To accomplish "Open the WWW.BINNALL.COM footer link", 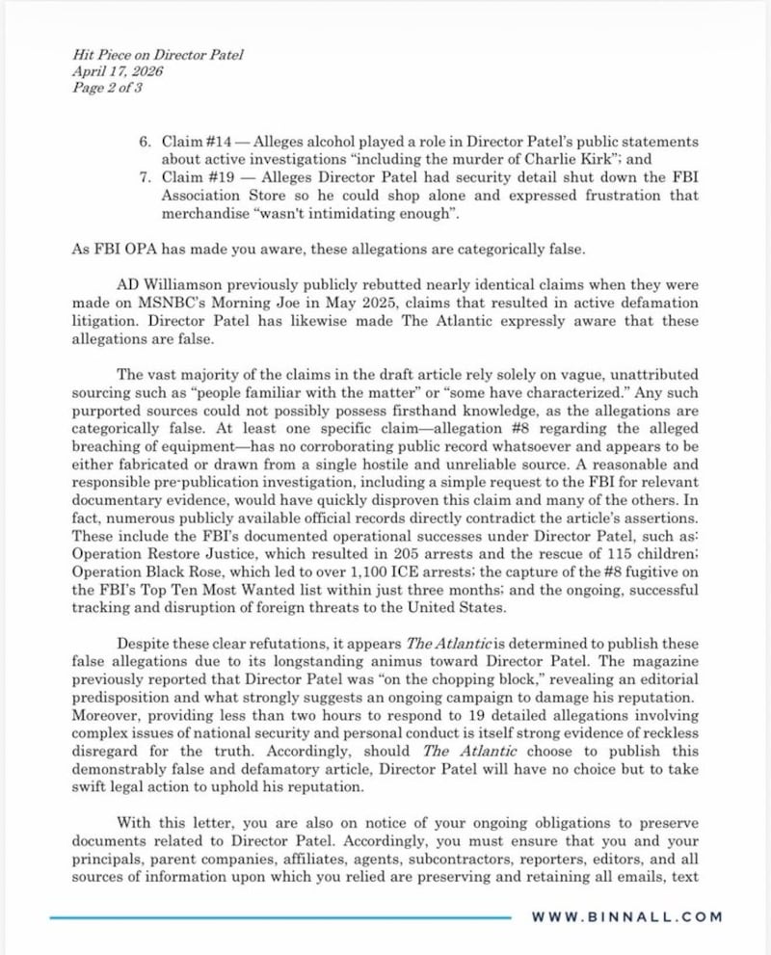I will point(626,916).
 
